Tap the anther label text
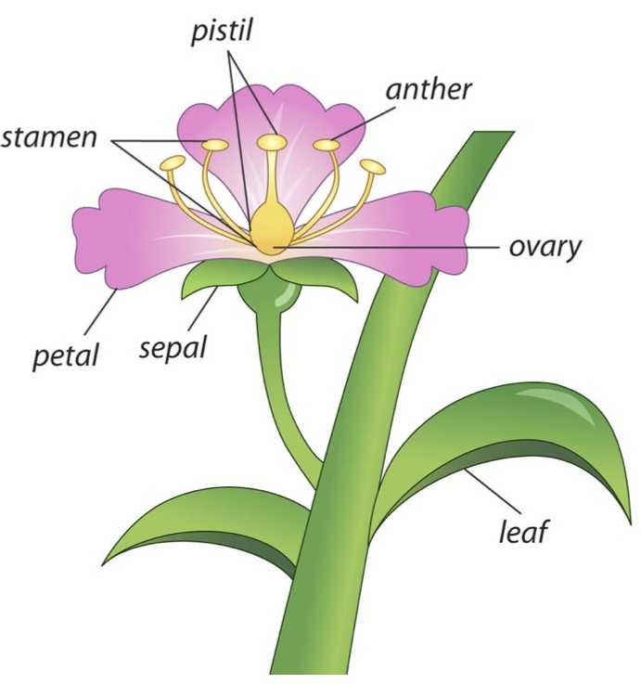point(429,91)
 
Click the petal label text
point(65,354)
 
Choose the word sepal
point(173,348)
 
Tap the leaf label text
point(524,531)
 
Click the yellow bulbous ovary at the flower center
point(270,230)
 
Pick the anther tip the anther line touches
point(327,145)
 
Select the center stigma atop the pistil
point(272,141)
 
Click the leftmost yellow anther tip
point(173,163)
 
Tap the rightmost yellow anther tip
point(373,167)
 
